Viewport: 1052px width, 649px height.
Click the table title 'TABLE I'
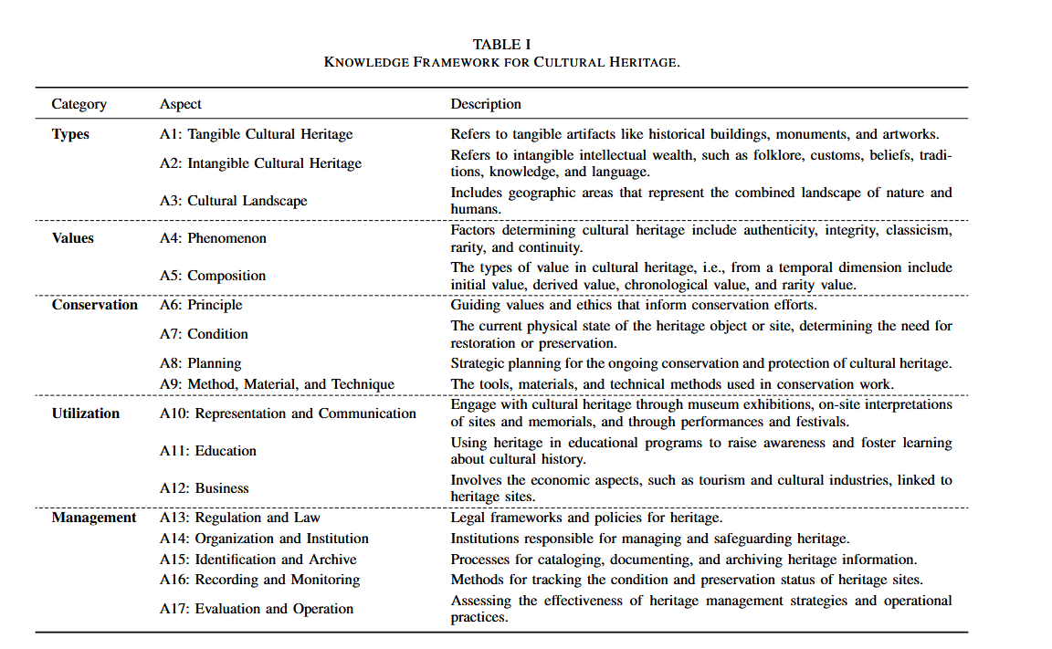coord(501,44)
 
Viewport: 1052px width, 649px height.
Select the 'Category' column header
coord(79,104)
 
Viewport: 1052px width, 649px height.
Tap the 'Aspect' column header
coord(181,104)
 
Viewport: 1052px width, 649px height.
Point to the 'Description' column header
coord(486,104)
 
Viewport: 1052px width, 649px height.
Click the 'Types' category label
coord(70,134)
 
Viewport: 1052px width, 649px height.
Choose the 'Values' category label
coord(73,238)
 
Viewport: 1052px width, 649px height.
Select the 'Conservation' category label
coord(95,305)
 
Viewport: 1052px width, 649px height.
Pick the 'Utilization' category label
coord(86,413)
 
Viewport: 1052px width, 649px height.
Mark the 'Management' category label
coord(94,518)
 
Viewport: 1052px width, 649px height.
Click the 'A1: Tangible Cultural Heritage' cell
coord(256,134)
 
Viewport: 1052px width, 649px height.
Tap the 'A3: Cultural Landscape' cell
coord(233,201)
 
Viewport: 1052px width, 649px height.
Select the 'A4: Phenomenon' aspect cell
coord(213,238)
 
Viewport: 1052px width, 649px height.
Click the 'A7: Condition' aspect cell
coord(204,334)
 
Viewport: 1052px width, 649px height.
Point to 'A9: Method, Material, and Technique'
coord(277,384)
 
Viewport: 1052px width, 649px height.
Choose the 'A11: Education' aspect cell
coord(207,451)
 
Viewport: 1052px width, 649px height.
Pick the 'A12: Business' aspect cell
coord(204,488)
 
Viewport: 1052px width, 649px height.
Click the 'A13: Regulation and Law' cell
coord(239,518)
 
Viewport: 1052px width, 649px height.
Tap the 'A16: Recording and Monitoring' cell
coord(259,580)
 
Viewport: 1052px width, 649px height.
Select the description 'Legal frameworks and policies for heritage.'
coord(586,518)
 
